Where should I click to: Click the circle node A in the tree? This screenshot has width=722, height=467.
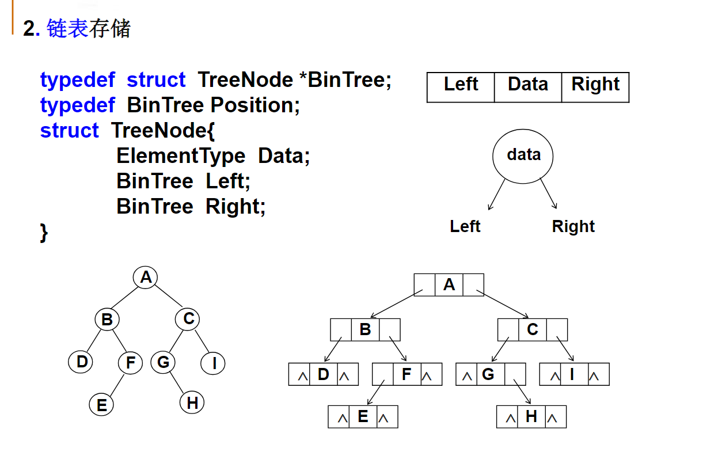tap(146, 278)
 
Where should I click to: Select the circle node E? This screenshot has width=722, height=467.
tap(102, 405)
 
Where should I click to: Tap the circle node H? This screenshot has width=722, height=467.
tap(192, 403)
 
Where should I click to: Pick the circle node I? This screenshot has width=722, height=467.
tap(214, 363)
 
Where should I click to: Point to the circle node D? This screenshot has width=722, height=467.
tap(82, 362)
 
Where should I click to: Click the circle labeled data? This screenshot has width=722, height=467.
tap(523, 156)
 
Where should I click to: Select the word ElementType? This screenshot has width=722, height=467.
tap(181, 156)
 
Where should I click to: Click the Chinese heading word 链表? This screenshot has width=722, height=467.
tap(67, 28)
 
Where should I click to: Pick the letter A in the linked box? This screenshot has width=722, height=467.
tap(449, 284)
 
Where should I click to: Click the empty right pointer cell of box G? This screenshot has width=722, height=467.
tap(515, 374)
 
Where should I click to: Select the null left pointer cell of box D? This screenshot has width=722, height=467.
tap(299, 374)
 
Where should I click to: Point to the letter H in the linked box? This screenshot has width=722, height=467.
tap(531, 417)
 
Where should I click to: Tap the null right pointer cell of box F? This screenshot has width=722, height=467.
tap(431, 374)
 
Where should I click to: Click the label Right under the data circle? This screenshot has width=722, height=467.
tap(573, 226)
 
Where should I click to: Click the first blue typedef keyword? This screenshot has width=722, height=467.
tap(78, 80)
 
